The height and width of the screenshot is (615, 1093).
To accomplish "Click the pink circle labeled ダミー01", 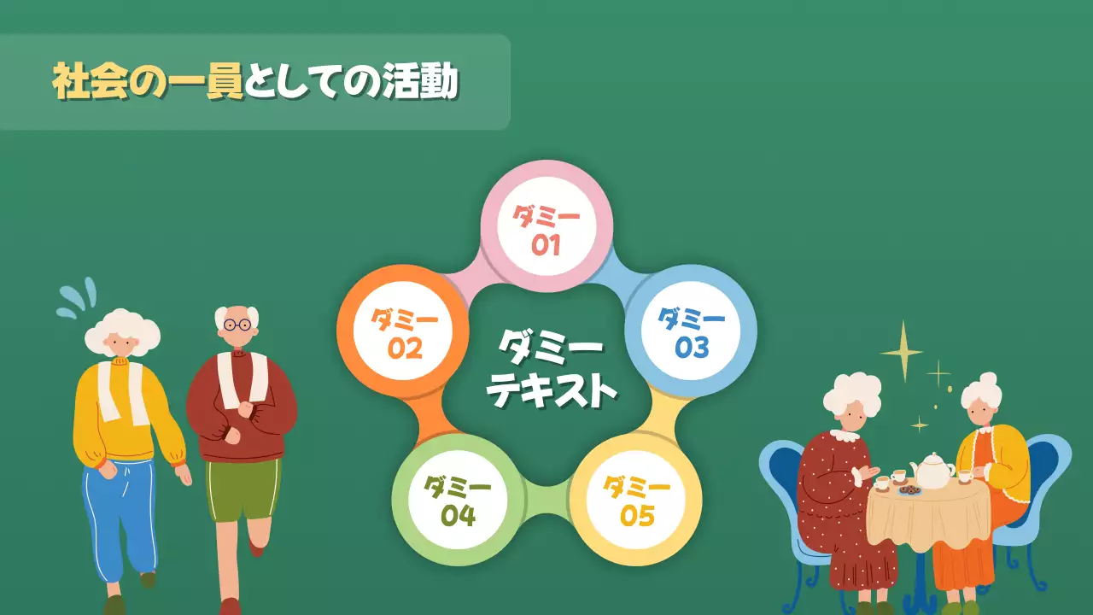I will click(x=546, y=229).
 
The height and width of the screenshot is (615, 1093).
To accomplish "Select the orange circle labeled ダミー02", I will click(x=404, y=331).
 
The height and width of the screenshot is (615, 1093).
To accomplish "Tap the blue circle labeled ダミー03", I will click(x=691, y=331).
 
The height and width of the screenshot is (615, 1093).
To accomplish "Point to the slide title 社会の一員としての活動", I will click(x=255, y=82).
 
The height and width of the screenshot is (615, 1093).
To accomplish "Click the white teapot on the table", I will click(x=933, y=471).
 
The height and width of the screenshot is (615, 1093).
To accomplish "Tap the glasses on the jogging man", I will click(x=237, y=324).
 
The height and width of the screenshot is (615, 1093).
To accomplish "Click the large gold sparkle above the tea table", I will click(x=901, y=351).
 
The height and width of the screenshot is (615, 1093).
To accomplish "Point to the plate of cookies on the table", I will click(x=909, y=490).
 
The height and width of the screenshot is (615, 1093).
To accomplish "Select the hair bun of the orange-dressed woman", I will click(x=988, y=378).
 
